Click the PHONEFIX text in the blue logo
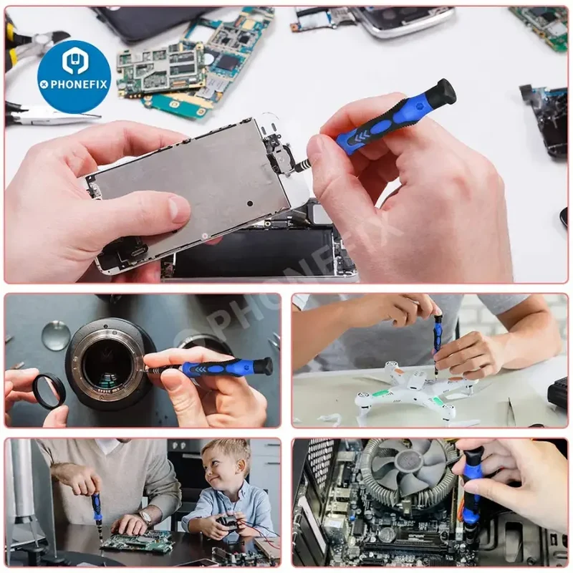(x=79, y=85)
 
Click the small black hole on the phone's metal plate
(x=250, y=203)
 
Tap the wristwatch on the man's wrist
(x=145, y=517)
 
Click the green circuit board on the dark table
(x=137, y=539)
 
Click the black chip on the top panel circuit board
(x=228, y=62)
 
